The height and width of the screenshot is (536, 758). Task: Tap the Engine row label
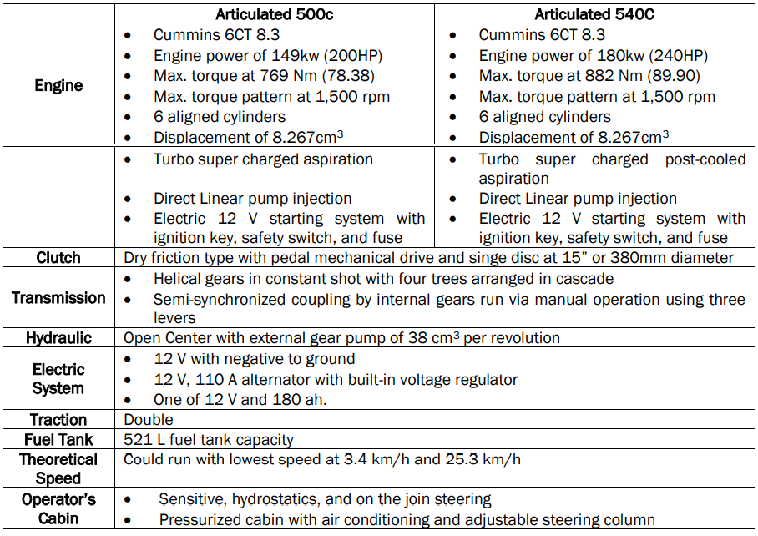58,85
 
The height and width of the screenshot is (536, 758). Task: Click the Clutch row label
58,258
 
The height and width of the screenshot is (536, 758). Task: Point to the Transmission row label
58,298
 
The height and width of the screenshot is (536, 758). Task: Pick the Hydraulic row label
58,338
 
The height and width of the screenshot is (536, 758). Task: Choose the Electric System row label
58,378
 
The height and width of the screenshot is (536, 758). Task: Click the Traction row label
58,419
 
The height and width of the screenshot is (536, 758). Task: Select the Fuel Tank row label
58,439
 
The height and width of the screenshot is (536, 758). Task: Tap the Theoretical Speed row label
58,468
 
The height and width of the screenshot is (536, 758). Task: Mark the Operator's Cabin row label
58,508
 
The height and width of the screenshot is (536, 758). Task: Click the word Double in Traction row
149,419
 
